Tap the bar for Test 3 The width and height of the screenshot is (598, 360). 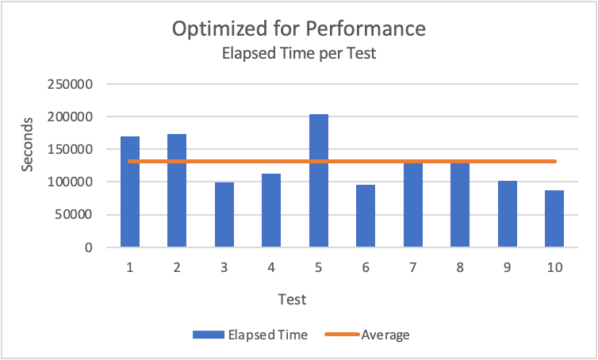(x=224, y=215)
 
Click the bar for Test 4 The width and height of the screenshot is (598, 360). (x=271, y=210)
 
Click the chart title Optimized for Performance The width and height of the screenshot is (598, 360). (x=299, y=29)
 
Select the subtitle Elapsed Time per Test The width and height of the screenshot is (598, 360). (x=299, y=55)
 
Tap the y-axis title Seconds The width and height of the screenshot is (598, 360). (x=28, y=144)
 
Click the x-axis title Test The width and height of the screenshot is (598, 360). (x=293, y=300)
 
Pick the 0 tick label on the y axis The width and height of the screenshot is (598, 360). (x=90, y=247)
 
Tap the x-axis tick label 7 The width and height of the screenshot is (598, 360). (x=413, y=268)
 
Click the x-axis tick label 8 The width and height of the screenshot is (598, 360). (x=460, y=268)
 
